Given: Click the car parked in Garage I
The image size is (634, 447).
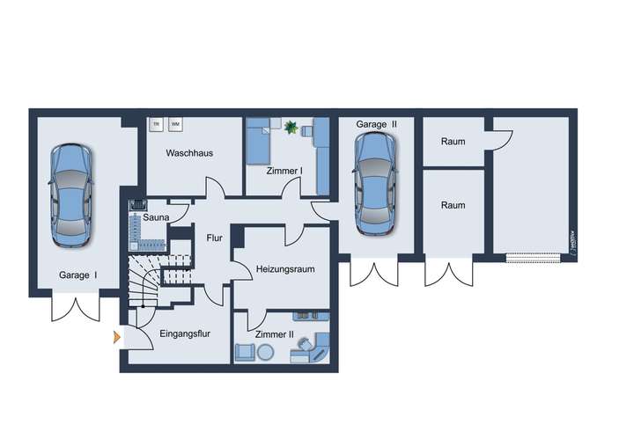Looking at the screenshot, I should coord(70,195).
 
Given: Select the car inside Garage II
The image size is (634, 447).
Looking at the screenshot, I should coord(373,185).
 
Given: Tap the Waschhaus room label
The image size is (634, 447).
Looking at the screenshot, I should coord(189,153).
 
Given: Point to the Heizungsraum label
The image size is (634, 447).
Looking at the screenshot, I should coord(285,268).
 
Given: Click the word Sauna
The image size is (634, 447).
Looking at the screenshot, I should coord(157,216).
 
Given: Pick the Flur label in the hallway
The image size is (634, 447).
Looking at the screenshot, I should coord(214,238).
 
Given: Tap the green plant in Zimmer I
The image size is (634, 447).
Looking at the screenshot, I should coord(291,128).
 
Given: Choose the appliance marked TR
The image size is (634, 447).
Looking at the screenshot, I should coord(156,124).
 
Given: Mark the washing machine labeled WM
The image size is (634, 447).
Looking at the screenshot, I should coord(175,124).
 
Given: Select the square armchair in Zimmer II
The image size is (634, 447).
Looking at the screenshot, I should coord(244,352).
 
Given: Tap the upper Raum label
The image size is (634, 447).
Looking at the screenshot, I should coord(453,142).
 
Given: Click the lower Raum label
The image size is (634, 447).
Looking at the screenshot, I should coord(453,205).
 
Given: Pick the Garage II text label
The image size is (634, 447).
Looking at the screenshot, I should coord(377,125).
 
